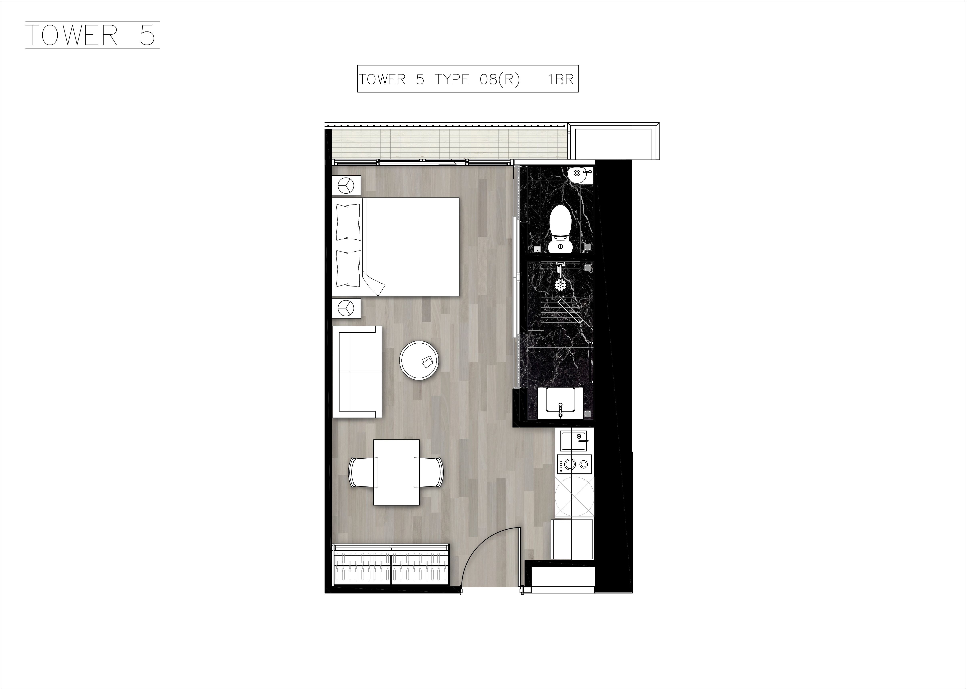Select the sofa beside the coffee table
(x=357, y=372)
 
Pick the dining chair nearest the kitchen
(x=429, y=472)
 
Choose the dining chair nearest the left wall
(x=363, y=472)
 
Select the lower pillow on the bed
(x=348, y=268)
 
